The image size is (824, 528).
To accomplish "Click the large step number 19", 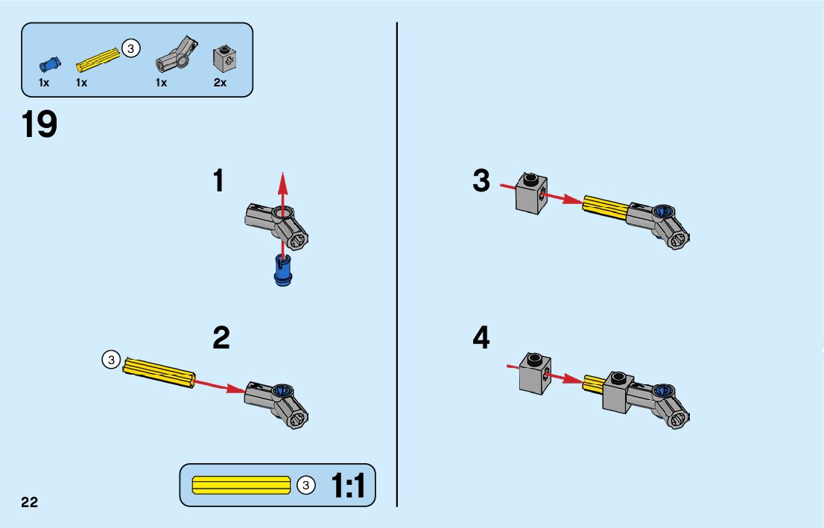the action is tap(39, 124).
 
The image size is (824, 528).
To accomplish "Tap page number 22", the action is tap(29, 502).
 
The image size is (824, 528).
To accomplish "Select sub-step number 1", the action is tap(218, 181).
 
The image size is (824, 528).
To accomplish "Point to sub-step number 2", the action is tap(221, 338).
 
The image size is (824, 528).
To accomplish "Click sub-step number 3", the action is tap(481, 181).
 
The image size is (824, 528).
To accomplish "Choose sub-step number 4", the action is tap(481, 338).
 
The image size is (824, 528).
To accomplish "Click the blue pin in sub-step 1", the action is tap(282, 270).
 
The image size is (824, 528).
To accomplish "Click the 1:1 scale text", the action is tap(348, 486).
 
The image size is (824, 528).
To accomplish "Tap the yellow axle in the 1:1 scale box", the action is tap(241, 486).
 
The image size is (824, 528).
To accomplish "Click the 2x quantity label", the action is tap(220, 83).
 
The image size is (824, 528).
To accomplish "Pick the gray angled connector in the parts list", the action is tap(176, 54).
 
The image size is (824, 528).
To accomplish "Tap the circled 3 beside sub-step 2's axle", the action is tap(111, 360).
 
